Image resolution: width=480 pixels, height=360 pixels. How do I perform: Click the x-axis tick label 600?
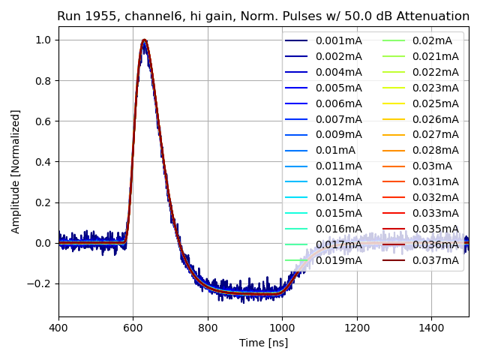click(x=133, y=328)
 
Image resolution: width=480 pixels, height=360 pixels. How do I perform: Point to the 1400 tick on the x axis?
click(x=431, y=328)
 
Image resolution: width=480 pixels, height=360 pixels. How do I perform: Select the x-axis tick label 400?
click(x=58, y=328)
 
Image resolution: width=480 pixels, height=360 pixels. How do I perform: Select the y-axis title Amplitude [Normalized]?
click(x=16, y=171)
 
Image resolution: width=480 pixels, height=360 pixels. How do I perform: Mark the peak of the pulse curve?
click(x=144, y=40)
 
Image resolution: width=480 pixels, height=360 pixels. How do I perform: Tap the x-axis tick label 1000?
click(x=282, y=328)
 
